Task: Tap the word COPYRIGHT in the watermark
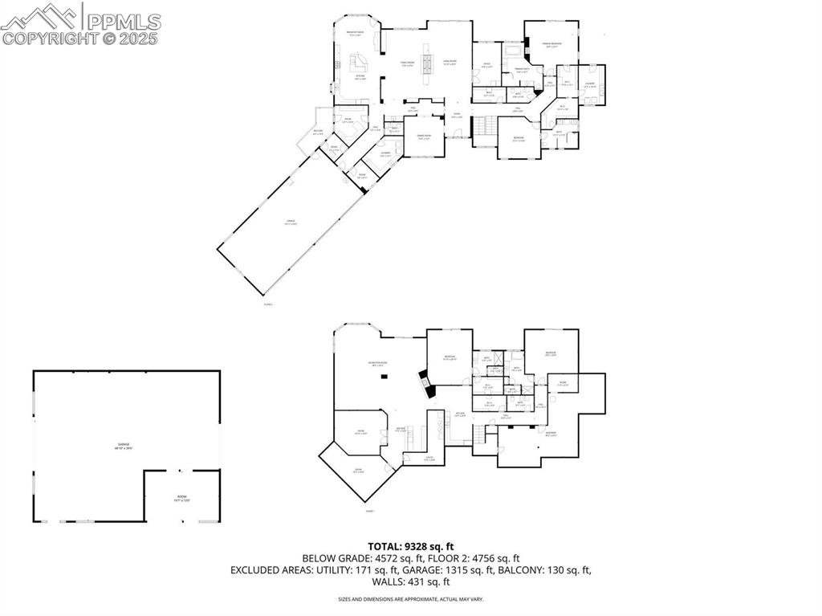pos(49,37)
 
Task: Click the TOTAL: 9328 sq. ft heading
pos(410,546)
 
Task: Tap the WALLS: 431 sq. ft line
pos(410,582)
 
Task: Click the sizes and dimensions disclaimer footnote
pos(410,599)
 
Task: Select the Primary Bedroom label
pos(551,44)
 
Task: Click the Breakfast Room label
pos(355,32)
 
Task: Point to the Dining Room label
pos(424,136)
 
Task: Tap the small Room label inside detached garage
pos(181,498)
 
